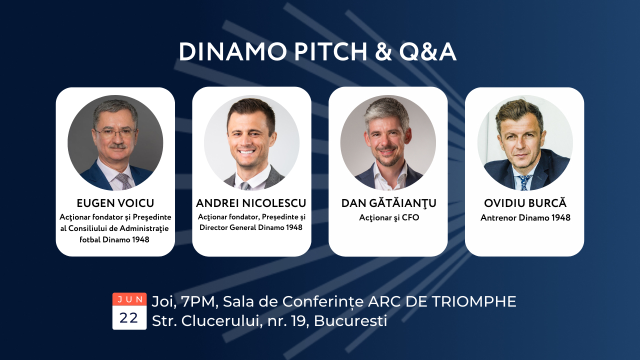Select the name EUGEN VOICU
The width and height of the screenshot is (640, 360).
tap(115, 203)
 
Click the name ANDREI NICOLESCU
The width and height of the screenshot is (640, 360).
tap(251, 203)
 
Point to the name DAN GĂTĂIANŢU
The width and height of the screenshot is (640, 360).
tap(388, 203)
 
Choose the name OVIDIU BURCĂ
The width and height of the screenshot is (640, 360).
tap(525, 203)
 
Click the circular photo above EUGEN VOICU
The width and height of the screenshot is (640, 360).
tap(115, 142)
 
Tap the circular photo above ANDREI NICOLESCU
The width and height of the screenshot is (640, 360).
tap(251, 142)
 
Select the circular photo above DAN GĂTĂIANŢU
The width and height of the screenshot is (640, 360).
tap(388, 142)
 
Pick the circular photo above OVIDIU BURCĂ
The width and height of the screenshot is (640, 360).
tap(524, 142)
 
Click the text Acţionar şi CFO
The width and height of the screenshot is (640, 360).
tap(388, 217)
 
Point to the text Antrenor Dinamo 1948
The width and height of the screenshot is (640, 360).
tap(525, 217)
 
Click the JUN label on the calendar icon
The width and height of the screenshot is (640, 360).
tap(129, 299)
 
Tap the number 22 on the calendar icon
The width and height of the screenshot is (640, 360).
tap(129, 317)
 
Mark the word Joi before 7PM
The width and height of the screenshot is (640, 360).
tap(162, 301)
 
